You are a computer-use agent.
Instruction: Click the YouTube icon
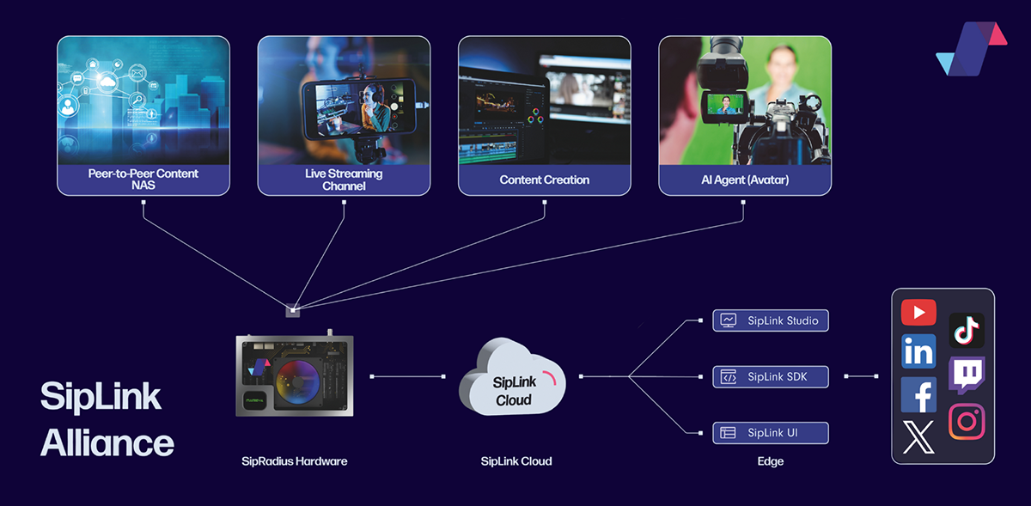click(918, 313)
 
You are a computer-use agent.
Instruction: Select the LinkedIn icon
click(918, 352)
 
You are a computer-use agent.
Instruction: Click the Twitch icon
click(967, 375)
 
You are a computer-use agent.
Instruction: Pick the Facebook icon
click(918, 394)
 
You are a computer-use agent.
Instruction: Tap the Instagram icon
click(967, 422)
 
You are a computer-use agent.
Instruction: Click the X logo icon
click(918, 436)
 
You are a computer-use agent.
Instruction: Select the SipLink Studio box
click(771, 320)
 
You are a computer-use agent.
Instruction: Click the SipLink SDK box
click(771, 376)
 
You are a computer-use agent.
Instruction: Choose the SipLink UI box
click(771, 432)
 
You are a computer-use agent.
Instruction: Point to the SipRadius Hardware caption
click(295, 461)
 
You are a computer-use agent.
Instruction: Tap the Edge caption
click(771, 461)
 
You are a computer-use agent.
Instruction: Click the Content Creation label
click(545, 180)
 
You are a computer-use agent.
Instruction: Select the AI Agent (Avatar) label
click(745, 180)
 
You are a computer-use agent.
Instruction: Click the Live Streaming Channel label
click(344, 180)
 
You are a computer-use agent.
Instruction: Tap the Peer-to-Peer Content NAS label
click(143, 180)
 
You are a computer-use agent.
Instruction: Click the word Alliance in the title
click(107, 443)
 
